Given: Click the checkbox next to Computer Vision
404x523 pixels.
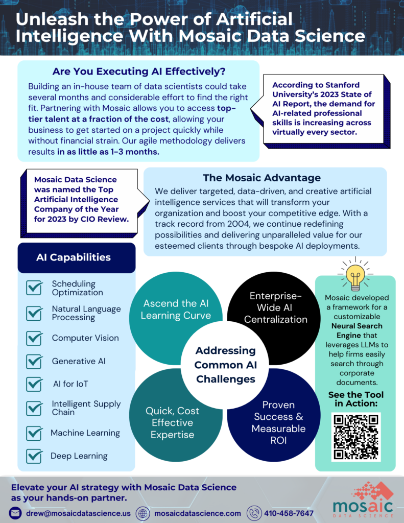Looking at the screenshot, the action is [x=34, y=338].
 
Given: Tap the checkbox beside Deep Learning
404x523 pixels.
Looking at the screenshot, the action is [x=34, y=456].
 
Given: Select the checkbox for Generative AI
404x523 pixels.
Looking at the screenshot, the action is [x=34, y=362].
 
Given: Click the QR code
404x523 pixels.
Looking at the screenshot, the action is [x=356, y=437].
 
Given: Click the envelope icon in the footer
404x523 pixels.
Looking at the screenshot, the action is [x=15, y=513].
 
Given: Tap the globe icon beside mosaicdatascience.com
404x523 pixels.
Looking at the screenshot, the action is [x=143, y=513].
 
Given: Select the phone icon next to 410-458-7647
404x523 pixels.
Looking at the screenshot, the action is [x=254, y=513].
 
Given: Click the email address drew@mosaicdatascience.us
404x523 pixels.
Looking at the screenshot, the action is [x=78, y=513].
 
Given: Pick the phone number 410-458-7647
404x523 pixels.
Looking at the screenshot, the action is [x=289, y=513].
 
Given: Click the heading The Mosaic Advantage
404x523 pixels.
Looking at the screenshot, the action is [x=262, y=178].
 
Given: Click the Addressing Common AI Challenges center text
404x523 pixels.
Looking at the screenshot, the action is [x=226, y=365].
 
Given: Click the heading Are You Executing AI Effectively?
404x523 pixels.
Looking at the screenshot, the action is [x=139, y=72].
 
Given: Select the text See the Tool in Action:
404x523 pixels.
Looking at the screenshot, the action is [x=356, y=399].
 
